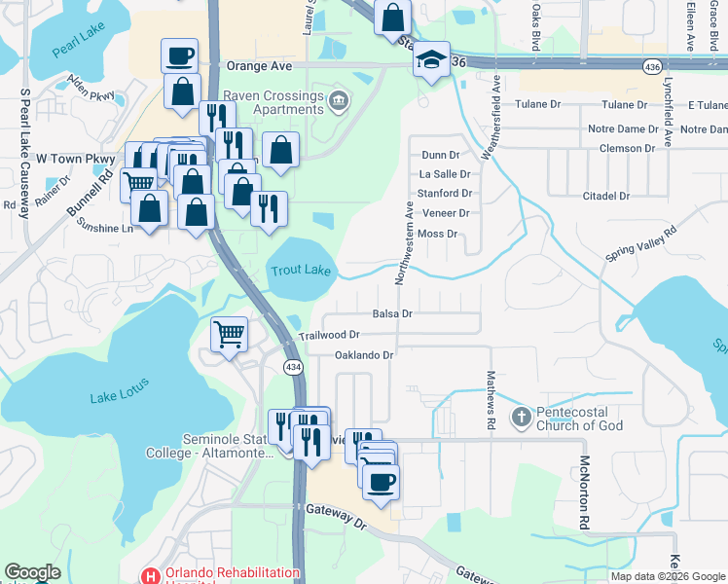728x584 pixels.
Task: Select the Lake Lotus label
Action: (x=119, y=395)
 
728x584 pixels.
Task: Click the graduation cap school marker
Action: (x=430, y=60)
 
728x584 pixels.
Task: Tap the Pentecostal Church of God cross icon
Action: (x=521, y=418)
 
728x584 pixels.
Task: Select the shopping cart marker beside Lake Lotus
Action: (x=229, y=335)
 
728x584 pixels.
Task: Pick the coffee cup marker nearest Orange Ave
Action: (x=179, y=56)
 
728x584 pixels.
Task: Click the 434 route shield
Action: (x=292, y=366)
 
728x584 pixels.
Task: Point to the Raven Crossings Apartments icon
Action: (x=338, y=100)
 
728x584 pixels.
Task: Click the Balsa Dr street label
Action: (x=393, y=313)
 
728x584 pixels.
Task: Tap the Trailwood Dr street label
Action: (x=322, y=335)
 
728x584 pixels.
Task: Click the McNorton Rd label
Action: (x=585, y=493)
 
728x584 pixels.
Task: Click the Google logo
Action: (x=33, y=572)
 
